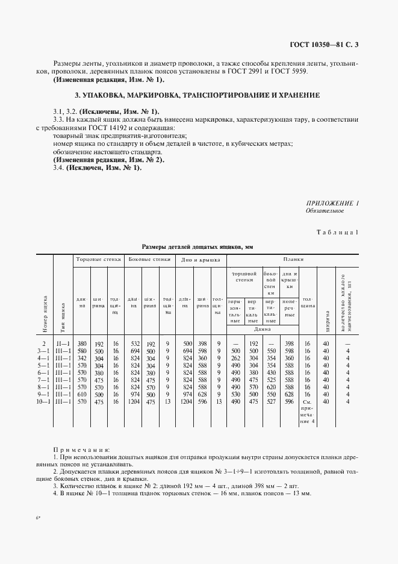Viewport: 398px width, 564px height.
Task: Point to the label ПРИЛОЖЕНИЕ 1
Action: pos(332,203)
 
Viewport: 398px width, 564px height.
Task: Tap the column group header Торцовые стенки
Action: pos(98,260)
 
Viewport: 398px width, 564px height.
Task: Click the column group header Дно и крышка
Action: pos(199,260)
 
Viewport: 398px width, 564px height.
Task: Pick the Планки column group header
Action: pos(294,260)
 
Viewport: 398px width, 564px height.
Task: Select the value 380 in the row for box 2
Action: pos(82,343)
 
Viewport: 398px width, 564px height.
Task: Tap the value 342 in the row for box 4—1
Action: pos(82,358)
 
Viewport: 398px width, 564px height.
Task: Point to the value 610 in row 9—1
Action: pos(82,394)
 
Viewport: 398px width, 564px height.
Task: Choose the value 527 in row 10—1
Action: pos(271,401)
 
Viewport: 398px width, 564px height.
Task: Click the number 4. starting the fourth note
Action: pos(55,493)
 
